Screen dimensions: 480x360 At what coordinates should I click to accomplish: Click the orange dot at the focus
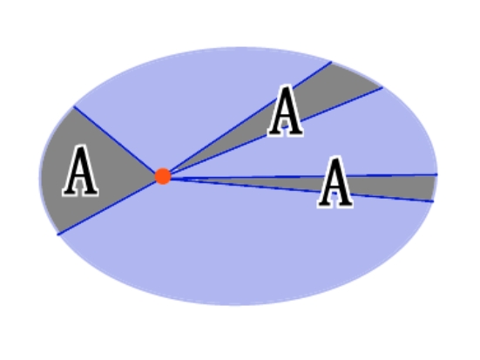pyautogui.click(x=163, y=176)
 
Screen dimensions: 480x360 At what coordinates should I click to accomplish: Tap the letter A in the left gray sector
pyautogui.click(x=80, y=171)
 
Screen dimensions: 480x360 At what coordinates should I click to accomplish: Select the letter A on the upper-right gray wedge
pyautogui.click(x=286, y=111)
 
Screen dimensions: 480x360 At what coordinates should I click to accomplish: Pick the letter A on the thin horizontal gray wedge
pyautogui.click(x=335, y=182)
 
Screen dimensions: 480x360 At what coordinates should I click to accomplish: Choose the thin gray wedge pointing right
pyautogui.click(x=368, y=187)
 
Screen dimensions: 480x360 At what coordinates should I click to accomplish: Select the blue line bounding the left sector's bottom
pyautogui.click(x=106, y=207)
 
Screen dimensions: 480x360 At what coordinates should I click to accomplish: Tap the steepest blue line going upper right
pyautogui.click(x=249, y=118)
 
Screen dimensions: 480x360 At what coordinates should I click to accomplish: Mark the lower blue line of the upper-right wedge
pyautogui.click(x=275, y=131)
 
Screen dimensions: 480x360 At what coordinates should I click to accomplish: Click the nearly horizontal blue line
pyautogui.click(x=304, y=176)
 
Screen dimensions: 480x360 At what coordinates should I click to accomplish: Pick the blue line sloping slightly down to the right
pyautogui.click(x=301, y=190)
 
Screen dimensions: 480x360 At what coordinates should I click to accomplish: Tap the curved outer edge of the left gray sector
pyautogui.click(x=43, y=172)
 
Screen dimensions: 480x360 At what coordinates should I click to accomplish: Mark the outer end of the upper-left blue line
pyautogui.click(x=74, y=106)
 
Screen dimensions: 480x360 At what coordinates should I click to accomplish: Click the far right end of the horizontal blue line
pyautogui.click(x=436, y=174)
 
